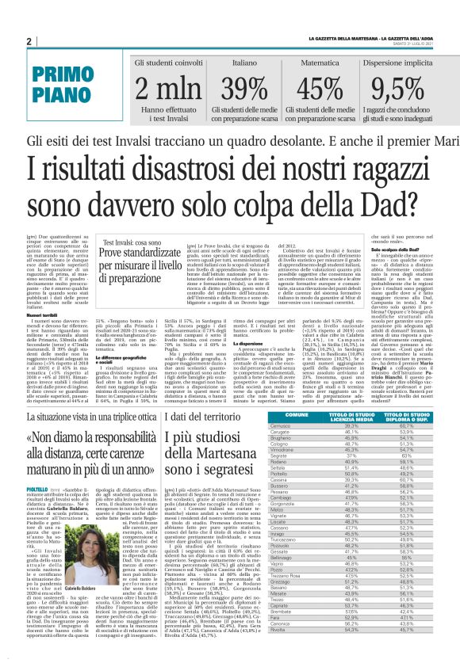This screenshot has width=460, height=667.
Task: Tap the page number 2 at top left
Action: coord(29,42)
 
